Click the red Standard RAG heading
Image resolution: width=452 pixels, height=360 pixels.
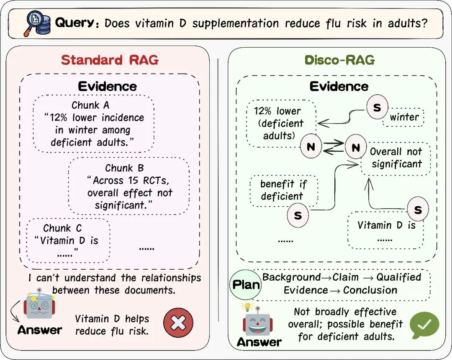[110, 60]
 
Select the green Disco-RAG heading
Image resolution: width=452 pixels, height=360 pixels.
[339, 60]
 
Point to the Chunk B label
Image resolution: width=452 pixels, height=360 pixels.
[125, 168]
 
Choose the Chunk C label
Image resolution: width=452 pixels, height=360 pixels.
[62, 228]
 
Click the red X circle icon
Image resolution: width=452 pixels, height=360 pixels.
[178, 322]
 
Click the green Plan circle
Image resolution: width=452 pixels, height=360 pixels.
[246, 285]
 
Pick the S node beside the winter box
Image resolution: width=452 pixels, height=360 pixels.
[377, 108]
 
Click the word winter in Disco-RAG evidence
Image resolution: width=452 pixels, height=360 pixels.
[404, 117]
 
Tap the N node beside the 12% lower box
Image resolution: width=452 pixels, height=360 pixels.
[311, 147]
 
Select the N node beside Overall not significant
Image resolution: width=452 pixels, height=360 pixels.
[355, 147]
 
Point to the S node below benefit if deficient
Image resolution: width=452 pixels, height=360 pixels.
[298, 216]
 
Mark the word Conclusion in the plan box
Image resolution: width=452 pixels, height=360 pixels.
[370, 290]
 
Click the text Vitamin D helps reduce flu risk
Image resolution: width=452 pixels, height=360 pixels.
[112, 325]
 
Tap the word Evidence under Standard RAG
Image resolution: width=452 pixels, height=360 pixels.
[108, 87]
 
